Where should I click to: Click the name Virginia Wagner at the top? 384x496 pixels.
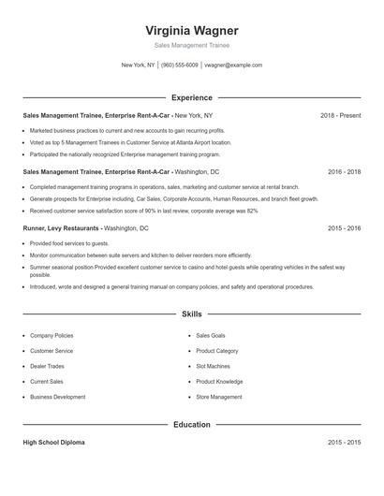[x=192, y=30]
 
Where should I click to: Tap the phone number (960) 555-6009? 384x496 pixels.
[x=179, y=66]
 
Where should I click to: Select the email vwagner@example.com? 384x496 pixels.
[x=233, y=66]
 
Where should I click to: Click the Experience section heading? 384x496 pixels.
[x=192, y=97]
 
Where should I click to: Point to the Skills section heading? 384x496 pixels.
[x=192, y=315]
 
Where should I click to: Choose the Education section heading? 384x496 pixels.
[x=192, y=424]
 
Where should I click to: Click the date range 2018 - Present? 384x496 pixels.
[x=340, y=115]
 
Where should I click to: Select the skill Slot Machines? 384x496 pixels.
[x=213, y=366]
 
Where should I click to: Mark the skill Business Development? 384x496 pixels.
[x=57, y=397]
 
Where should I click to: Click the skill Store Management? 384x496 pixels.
[x=218, y=397]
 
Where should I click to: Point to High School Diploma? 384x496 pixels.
[x=54, y=442]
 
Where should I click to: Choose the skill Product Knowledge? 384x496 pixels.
[x=219, y=381]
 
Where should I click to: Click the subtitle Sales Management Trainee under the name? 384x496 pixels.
[x=192, y=45]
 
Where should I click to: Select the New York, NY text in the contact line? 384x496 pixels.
[x=138, y=66]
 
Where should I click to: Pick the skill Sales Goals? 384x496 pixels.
[x=210, y=335]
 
